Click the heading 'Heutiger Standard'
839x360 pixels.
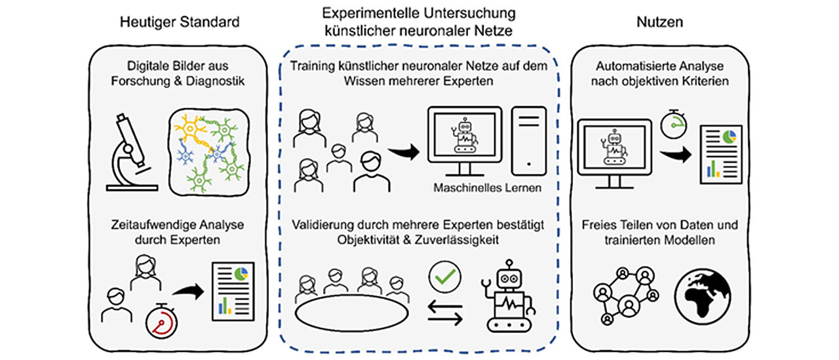179,22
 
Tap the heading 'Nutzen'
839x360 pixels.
660,22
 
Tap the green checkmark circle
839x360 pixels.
440,277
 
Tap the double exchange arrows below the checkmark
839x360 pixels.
445,314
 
